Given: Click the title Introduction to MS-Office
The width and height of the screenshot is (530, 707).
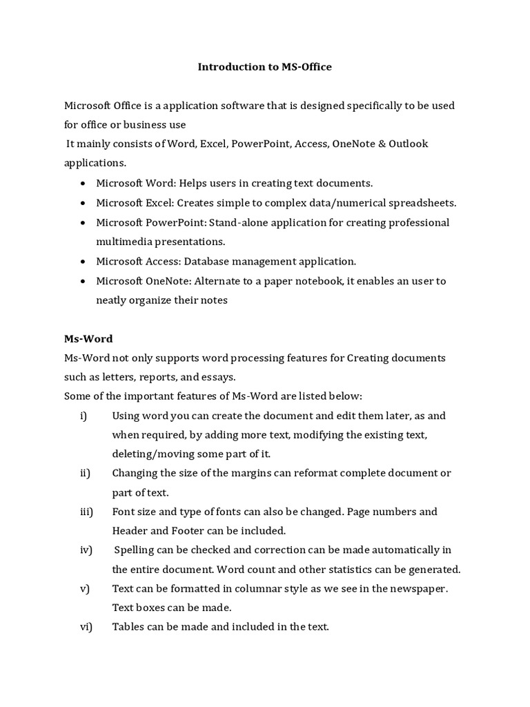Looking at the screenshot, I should point(265,67).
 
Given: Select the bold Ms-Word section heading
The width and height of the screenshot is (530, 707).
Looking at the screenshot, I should point(88,339).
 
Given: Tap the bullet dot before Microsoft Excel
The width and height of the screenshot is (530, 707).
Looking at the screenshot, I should point(83,203).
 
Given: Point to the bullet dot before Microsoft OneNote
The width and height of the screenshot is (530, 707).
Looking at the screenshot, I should point(83,281).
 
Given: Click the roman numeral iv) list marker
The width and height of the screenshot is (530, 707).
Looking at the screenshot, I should point(86,550).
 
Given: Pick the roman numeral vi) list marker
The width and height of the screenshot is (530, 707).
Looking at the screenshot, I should point(86,628).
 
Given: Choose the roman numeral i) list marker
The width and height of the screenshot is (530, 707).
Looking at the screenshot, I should point(84,416).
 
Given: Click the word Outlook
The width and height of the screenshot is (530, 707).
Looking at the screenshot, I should point(408,144).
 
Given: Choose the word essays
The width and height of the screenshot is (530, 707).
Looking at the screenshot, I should point(217,377).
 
